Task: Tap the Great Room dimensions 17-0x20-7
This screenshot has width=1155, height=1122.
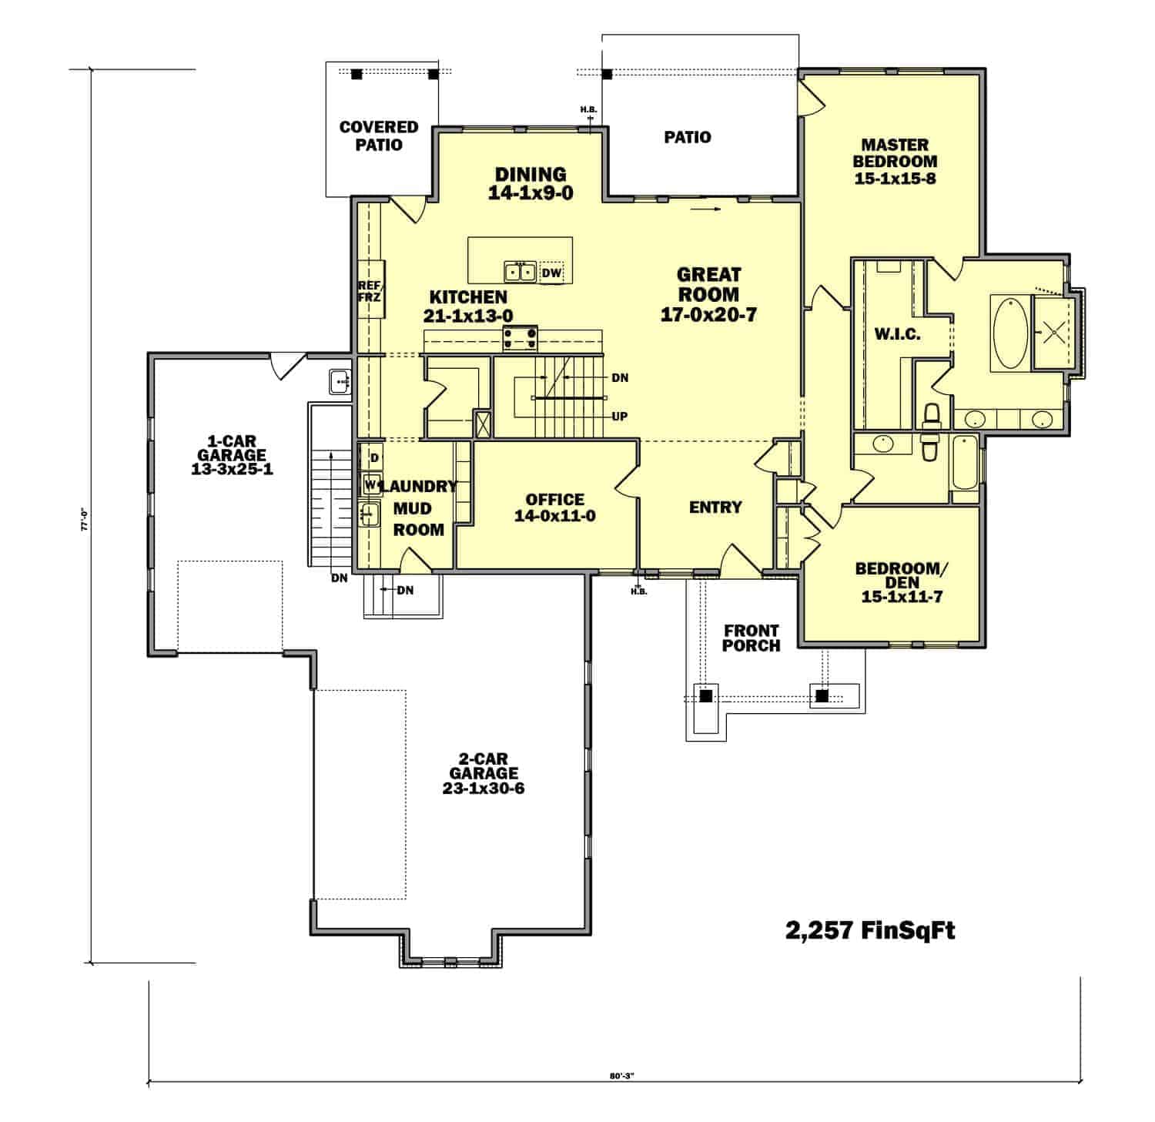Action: tap(708, 315)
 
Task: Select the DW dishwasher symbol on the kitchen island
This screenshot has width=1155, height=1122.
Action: tap(551, 273)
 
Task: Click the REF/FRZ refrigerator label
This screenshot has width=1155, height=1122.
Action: tap(370, 291)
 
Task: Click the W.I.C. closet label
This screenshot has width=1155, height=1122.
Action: tap(897, 335)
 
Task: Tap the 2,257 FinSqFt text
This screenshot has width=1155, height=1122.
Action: tap(870, 931)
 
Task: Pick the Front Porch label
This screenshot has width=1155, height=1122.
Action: tap(751, 638)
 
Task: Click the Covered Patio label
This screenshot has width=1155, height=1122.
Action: tap(379, 136)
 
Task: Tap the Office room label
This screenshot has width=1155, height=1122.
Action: tap(554, 500)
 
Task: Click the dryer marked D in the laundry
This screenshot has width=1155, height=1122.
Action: tap(373, 458)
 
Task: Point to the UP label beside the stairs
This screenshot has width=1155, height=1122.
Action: tap(619, 417)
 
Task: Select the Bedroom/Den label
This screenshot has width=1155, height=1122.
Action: tap(898, 575)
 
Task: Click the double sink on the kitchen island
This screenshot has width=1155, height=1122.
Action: tap(521, 272)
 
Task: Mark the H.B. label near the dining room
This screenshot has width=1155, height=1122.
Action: tap(588, 109)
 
